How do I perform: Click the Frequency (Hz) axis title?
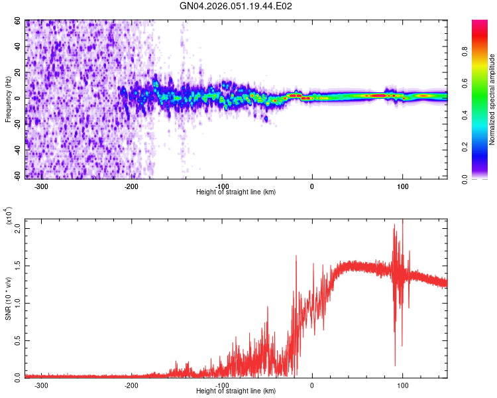click(x=8, y=99)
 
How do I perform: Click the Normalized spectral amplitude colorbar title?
click(x=492, y=99)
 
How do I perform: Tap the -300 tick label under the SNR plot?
click(x=41, y=385)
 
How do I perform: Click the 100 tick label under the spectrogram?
click(x=402, y=186)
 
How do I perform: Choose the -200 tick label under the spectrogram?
click(x=131, y=186)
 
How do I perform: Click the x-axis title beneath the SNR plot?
click(x=236, y=391)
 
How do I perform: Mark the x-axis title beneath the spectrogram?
click(x=236, y=192)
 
